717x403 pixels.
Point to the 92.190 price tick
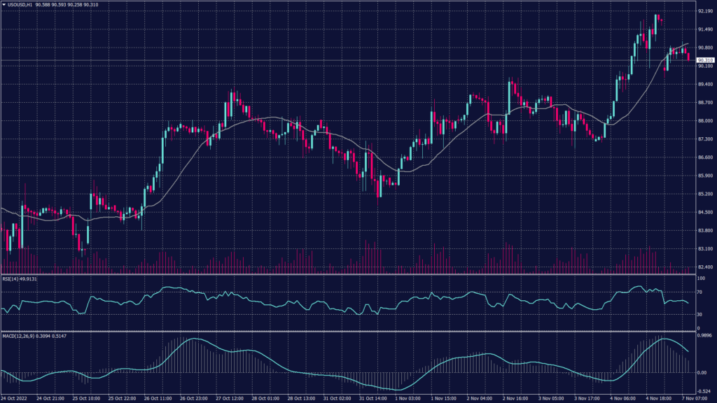pos(705,11)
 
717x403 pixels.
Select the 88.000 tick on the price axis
pos(705,121)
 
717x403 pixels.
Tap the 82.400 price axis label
pos(705,267)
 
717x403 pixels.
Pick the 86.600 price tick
pos(705,157)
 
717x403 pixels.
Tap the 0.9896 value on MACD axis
pos(705,337)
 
